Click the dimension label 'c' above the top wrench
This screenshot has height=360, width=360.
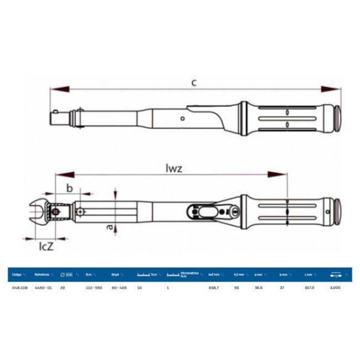(x=194, y=83)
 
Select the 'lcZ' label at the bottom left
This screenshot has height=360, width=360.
(x=45, y=245)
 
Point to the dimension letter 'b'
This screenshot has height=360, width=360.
(x=69, y=188)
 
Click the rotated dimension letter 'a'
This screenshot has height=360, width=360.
(x=110, y=227)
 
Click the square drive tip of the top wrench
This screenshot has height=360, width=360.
(x=57, y=117)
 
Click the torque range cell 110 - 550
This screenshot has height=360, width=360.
(x=94, y=288)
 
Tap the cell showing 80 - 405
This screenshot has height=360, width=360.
(x=120, y=288)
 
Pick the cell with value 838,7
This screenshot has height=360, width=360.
(x=214, y=288)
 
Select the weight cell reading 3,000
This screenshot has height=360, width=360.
(x=335, y=288)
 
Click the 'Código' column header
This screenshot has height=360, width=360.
(x=17, y=274)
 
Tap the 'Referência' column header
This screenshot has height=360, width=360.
(x=43, y=274)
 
